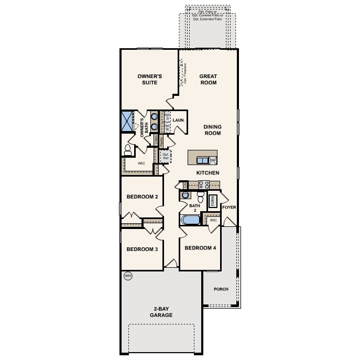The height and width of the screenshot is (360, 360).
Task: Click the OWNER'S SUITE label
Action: tap(149, 79)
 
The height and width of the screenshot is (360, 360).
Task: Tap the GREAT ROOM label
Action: tap(208, 79)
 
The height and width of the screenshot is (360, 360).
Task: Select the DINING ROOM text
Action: tap(212, 130)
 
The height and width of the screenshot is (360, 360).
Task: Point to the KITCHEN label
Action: tap(208, 172)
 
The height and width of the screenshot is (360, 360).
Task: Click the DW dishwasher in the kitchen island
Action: tap(213, 160)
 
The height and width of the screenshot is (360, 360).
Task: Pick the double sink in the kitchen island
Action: tap(202, 160)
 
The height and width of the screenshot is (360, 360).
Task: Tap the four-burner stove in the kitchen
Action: tap(204, 184)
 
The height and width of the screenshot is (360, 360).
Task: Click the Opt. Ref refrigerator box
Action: tap(166, 156)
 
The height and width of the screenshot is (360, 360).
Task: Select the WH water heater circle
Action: tap(127, 276)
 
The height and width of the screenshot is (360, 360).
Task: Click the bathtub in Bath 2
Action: tap(190, 220)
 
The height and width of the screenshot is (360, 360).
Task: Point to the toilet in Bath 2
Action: tap(200, 198)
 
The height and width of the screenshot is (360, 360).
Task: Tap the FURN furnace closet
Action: tap(213, 201)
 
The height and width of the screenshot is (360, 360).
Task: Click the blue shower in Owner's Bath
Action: tap(127, 121)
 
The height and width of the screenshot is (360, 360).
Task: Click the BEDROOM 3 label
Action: tap(142, 249)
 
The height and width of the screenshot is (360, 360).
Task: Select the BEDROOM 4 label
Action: tap(200, 248)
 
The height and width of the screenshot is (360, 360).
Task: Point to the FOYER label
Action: tap(229, 208)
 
